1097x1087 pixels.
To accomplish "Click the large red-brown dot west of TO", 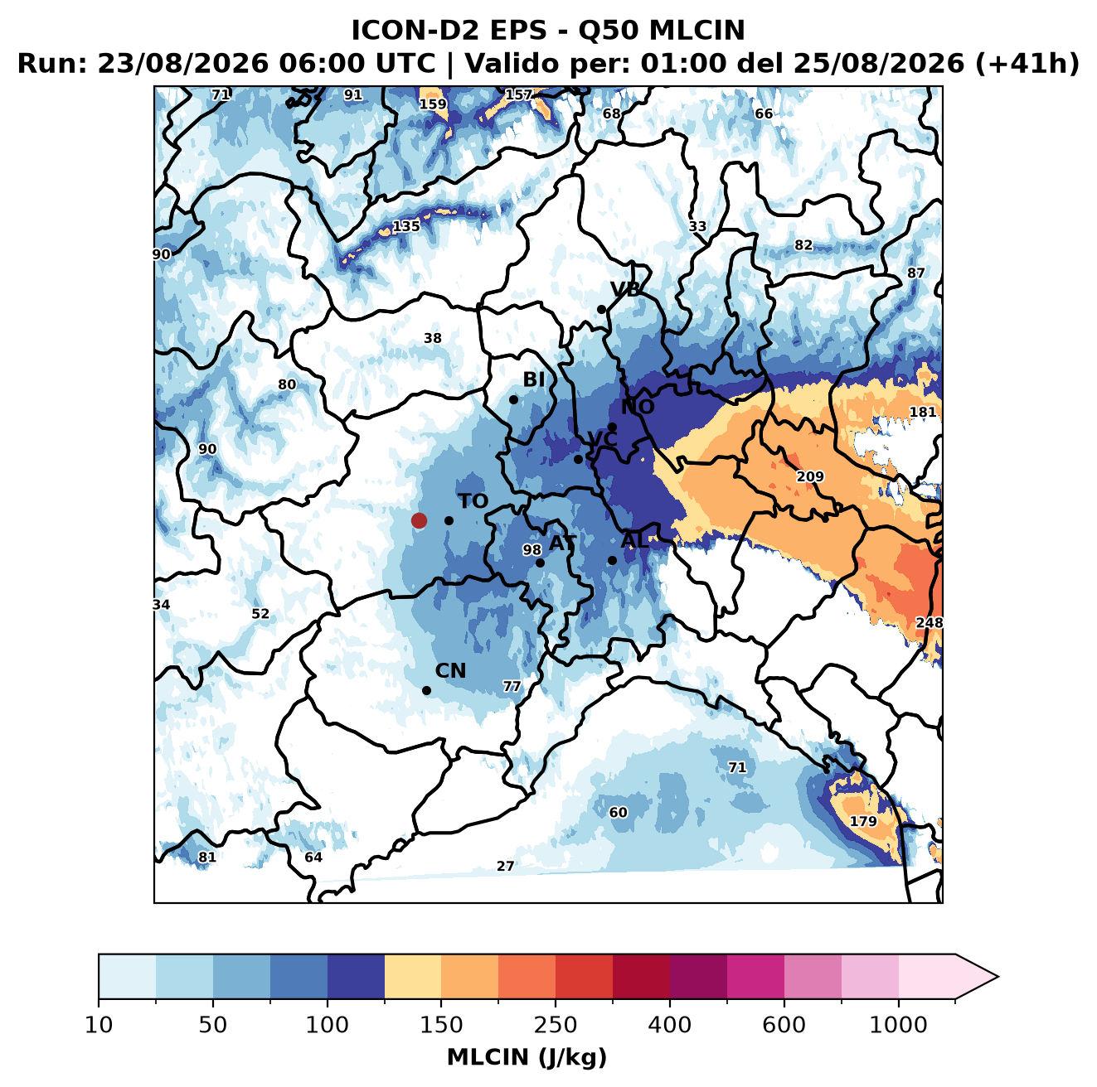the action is (419, 520).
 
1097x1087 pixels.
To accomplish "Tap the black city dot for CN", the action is (426, 690).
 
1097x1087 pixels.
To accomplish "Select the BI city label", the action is (534, 379).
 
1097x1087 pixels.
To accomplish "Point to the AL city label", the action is (635, 540).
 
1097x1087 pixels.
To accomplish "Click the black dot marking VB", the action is (601, 309).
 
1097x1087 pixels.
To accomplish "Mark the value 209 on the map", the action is (810, 476).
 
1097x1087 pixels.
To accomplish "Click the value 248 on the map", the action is (929, 623).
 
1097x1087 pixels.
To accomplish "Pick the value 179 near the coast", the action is (864, 821).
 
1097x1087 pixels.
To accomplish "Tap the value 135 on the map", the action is (406, 226).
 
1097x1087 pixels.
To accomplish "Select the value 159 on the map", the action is (433, 104).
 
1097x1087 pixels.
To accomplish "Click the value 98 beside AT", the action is (532, 550).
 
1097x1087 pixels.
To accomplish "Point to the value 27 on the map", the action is (506, 867).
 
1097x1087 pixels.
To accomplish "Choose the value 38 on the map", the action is (433, 338).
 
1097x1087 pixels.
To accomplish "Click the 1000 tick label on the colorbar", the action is (898, 1026).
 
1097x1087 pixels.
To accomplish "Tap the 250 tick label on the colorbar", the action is (555, 1026).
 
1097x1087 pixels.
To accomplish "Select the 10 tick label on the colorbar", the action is (99, 1026).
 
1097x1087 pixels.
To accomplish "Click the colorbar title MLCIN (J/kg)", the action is (527, 1057).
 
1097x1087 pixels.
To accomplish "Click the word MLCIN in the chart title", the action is (697, 31).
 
